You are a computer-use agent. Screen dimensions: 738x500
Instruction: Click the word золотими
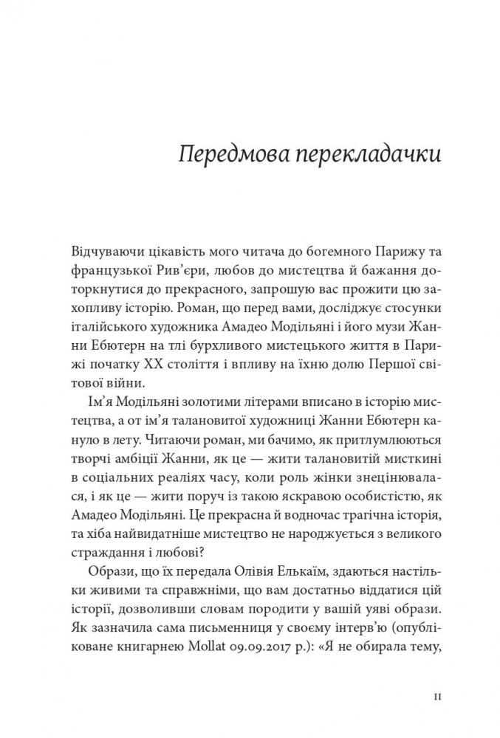point(184,403)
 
